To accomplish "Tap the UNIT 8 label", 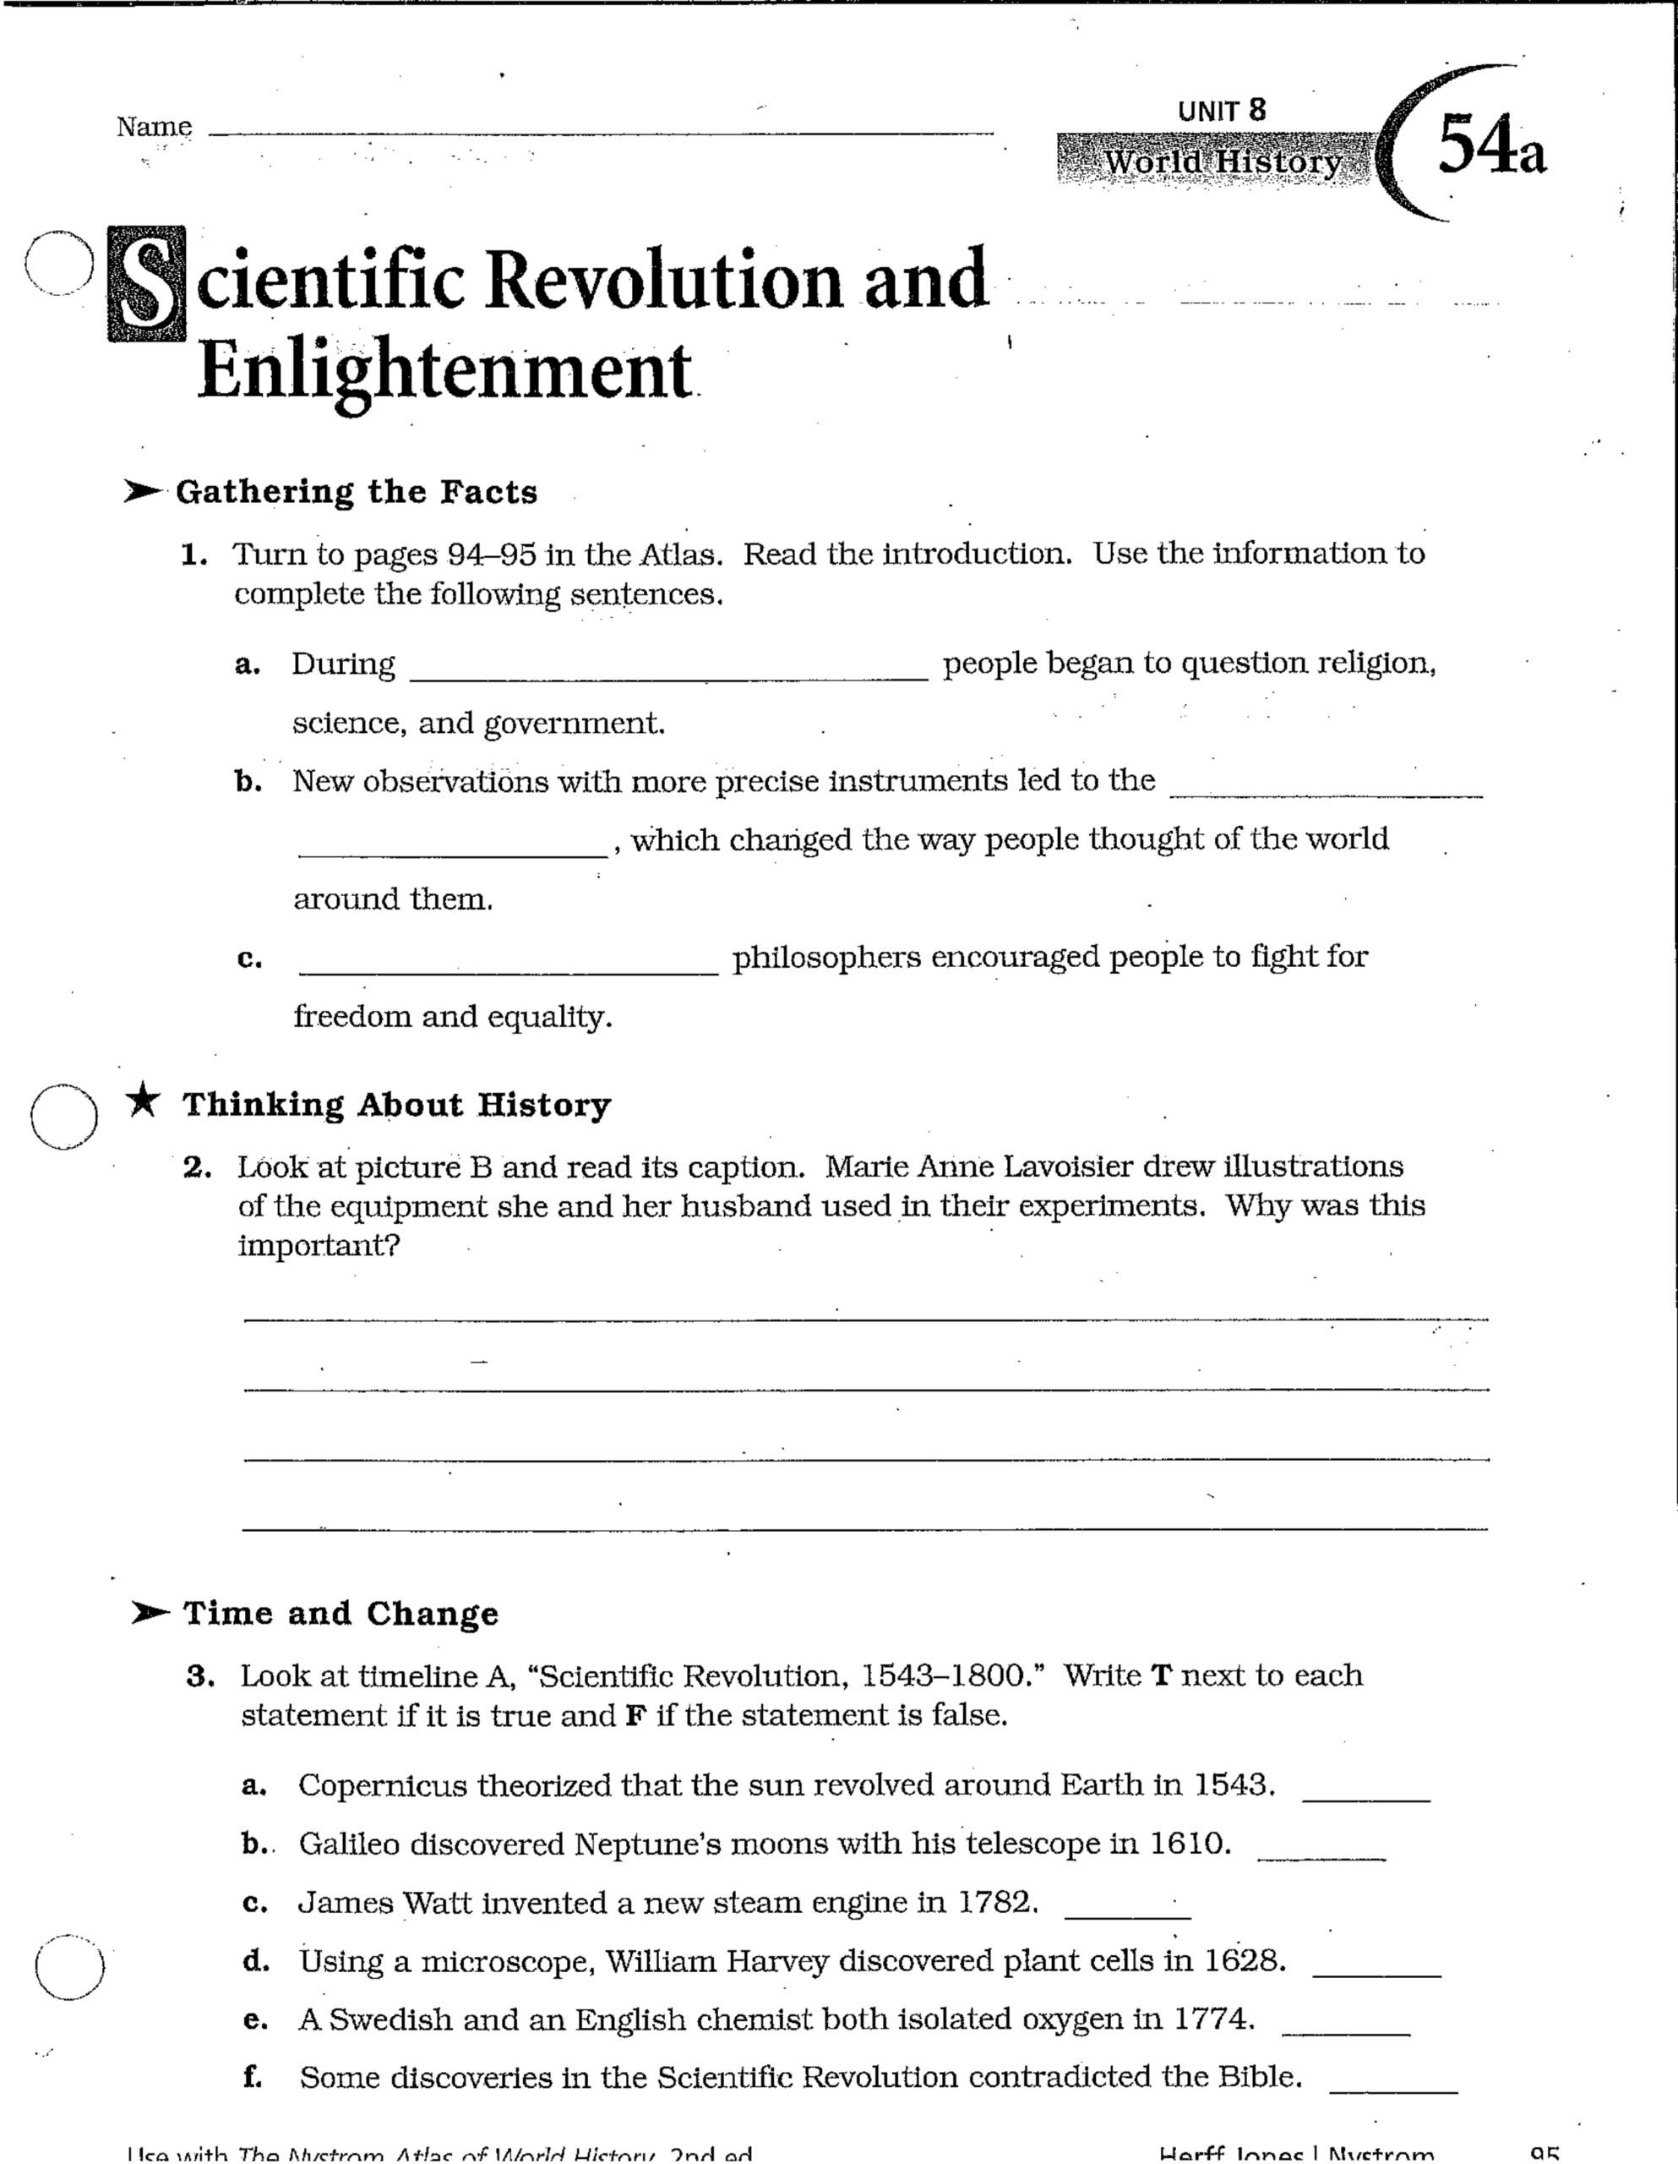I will coord(1222,111).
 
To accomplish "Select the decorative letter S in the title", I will coord(148,284).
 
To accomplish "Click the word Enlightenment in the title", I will coord(444,372).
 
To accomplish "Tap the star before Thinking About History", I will coord(144,1100).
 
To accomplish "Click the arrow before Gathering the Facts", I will coord(143,491).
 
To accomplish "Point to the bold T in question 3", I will coord(1161,1675).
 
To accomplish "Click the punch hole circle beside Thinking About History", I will coord(64,1116).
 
